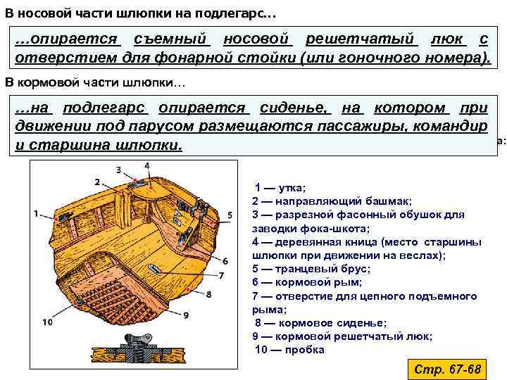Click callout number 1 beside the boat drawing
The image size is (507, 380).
click(35, 213)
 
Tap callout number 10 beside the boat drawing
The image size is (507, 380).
click(47, 322)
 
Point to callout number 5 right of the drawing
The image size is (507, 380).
click(230, 215)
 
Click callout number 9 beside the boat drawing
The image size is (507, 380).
click(186, 315)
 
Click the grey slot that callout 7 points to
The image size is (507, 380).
click(153, 268)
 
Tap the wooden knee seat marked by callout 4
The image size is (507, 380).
click(145, 184)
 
